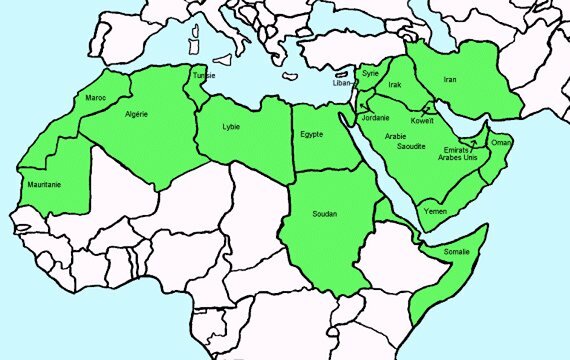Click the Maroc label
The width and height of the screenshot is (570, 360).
(x=96, y=97)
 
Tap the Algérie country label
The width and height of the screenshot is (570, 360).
(x=136, y=114)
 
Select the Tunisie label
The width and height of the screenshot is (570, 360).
(x=204, y=75)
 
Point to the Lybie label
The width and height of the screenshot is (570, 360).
(x=233, y=128)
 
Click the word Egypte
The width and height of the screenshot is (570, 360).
(x=312, y=135)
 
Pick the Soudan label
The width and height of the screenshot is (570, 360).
(x=325, y=214)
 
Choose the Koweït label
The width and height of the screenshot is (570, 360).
(x=422, y=121)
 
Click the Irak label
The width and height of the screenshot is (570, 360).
(x=394, y=86)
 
